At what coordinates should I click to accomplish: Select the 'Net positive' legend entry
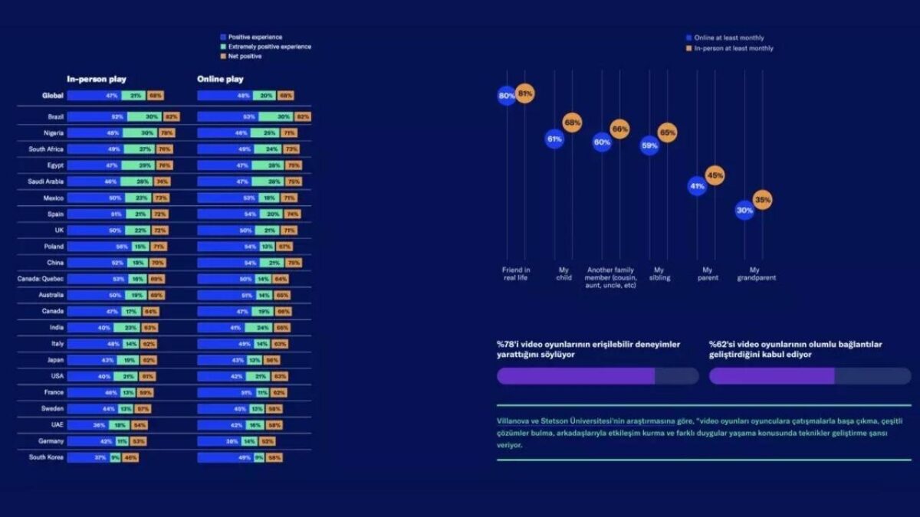pyautogui.click(x=245, y=56)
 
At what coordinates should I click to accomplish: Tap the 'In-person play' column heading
pyautogui.click(x=97, y=79)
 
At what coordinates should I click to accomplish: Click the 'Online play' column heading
pyautogui.click(x=220, y=79)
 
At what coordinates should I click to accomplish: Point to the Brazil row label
pyautogui.click(x=54, y=117)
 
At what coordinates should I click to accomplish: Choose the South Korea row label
pyautogui.click(x=46, y=457)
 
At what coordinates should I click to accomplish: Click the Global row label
pyautogui.click(x=53, y=96)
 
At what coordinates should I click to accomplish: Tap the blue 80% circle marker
pyautogui.click(x=507, y=96)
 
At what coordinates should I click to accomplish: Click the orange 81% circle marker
pyautogui.click(x=525, y=93)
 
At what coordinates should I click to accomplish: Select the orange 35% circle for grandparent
pyautogui.click(x=762, y=200)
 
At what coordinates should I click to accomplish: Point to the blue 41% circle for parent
pyautogui.click(x=697, y=185)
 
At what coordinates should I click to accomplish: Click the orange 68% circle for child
pyautogui.click(x=572, y=122)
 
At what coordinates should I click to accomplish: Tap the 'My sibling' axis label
pyautogui.click(x=659, y=273)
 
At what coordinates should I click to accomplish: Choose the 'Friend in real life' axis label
pyautogui.click(x=516, y=273)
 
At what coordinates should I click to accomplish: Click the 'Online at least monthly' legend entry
pyautogui.click(x=728, y=38)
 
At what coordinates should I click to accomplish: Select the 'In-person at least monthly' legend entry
pyautogui.click(x=733, y=48)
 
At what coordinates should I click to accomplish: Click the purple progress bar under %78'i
pyautogui.click(x=576, y=376)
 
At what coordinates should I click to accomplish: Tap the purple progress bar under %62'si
pyautogui.click(x=771, y=376)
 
